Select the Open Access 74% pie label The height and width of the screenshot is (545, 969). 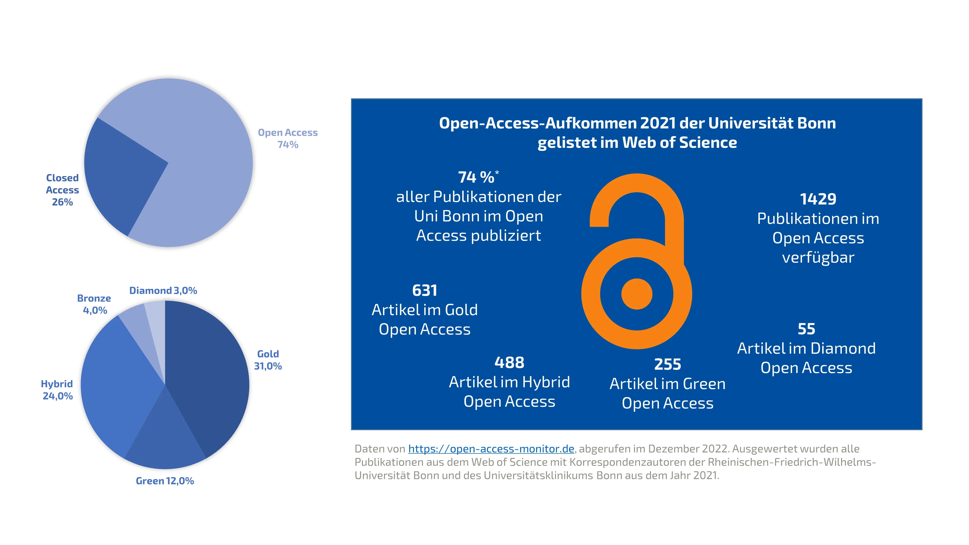click(288, 138)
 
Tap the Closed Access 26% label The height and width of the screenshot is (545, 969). click(63, 190)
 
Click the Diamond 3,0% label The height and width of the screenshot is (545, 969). click(163, 290)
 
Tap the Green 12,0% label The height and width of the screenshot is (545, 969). click(165, 481)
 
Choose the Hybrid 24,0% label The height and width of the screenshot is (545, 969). click(57, 390)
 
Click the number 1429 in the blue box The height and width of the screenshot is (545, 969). click(818, 199)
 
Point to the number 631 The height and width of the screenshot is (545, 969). click(425, 290)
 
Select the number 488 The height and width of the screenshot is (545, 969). click(509, 363)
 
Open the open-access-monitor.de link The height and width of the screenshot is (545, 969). click(491, 449)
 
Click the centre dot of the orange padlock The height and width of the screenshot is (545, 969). click(636, 294)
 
